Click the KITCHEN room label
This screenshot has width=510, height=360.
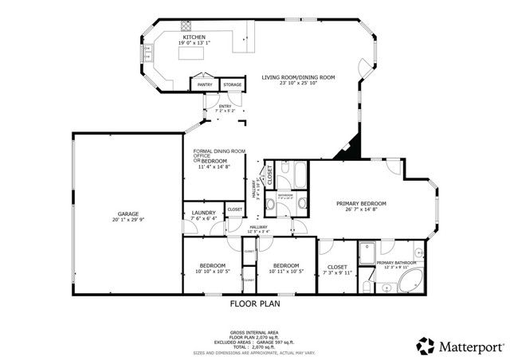point(195,37)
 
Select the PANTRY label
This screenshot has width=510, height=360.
point(205,83)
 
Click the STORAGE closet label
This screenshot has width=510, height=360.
point(232,83)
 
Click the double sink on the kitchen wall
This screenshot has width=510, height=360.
point(147,53)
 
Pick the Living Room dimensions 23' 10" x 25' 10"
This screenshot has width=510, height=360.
point(298,84)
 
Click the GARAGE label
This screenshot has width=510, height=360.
point(128,214)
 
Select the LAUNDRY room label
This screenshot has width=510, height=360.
point(204,213)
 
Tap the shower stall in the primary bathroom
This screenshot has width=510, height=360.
point(368,254)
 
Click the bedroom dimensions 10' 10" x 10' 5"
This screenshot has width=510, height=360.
point(212,272)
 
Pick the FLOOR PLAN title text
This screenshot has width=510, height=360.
point(255,303)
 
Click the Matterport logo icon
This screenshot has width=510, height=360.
point(425,346)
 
